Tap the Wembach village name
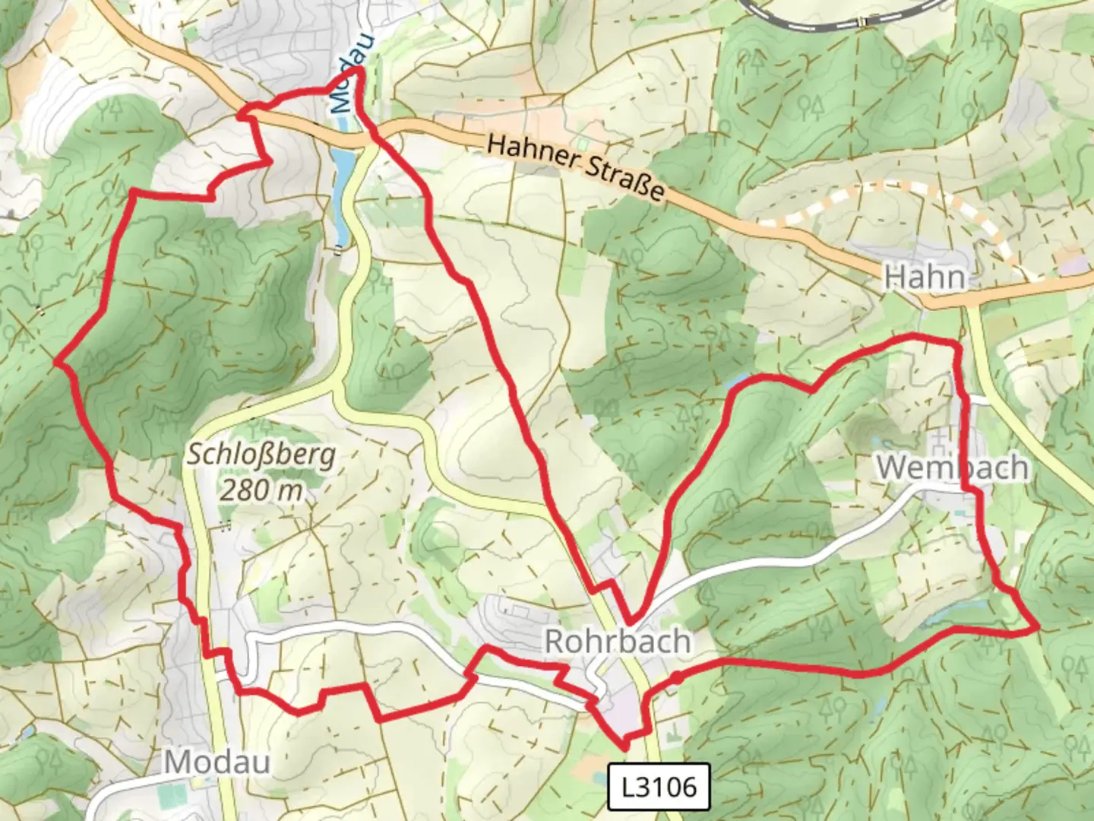953,468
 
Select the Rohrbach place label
618,641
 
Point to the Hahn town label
925,277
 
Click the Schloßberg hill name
261,455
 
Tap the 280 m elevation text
261,490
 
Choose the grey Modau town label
217,761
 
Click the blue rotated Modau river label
344,74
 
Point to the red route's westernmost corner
55,363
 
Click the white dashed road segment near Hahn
874,190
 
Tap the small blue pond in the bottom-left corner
27,732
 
